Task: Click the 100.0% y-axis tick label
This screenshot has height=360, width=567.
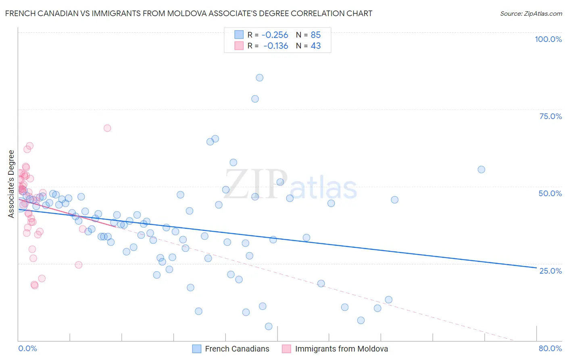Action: [548, 39]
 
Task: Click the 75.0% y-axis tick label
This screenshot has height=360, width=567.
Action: [550, 116]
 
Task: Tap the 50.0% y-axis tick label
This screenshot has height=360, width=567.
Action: [550, 193]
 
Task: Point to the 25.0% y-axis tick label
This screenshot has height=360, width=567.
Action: [550, 271]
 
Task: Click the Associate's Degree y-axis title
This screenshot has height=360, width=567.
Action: [11, 184]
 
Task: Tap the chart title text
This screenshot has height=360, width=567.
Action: [189, 13]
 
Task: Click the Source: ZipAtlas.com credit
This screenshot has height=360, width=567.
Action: [531, 13]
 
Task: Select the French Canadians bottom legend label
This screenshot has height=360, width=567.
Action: [237, 349]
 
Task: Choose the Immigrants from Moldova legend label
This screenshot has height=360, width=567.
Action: [341, 349]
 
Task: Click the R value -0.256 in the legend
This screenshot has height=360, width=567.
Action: [275, 35]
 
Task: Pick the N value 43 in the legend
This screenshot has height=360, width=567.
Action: [316, 46]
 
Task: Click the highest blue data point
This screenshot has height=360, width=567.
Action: [260, 78]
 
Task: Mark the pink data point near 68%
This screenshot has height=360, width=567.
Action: [107, 128]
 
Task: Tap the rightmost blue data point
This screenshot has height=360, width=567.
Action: [481, 170]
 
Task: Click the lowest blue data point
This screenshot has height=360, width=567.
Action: [269, 327]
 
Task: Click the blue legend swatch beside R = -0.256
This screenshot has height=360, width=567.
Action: [239, 35]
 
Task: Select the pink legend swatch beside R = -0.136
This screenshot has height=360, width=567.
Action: [239, 46]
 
